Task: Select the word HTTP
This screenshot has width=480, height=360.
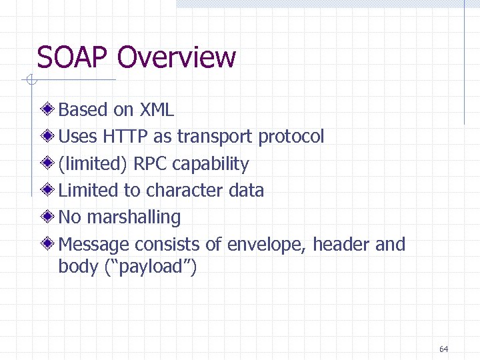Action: pos(125,137)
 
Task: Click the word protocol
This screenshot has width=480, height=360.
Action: pos(291,137)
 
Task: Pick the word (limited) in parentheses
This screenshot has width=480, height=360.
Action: pos(93,164)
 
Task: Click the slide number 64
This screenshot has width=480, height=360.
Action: pos(444,349)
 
